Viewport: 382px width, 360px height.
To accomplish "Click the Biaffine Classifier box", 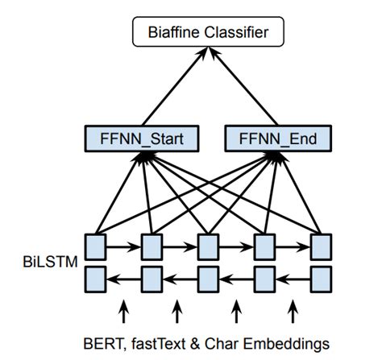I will pyautogui.click(x=208, y=34).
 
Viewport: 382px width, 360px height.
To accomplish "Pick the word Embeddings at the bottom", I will pyautogui.click(x=273, y=339).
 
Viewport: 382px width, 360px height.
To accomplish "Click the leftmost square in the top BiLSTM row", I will pyautogui.click(x=97, y=246).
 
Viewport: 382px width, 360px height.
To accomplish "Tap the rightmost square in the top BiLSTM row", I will pyautogui.click(x=321, y=246).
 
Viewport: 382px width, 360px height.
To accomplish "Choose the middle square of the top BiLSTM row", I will pyautogui.click(x=209, y=246).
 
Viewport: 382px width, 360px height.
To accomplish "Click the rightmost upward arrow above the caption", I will pyautogui.click(x=293, y=309).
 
